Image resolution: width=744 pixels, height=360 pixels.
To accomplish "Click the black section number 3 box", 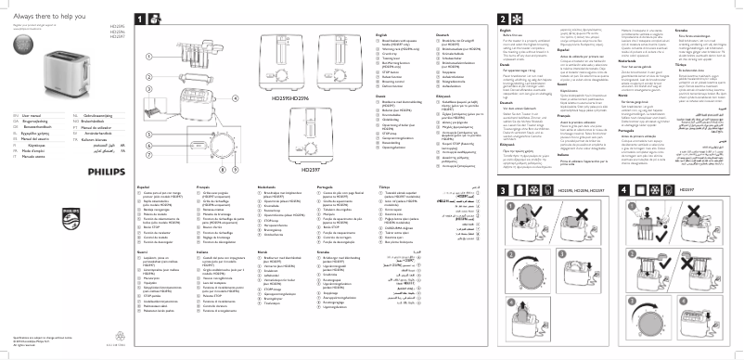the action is coord(505,190).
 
